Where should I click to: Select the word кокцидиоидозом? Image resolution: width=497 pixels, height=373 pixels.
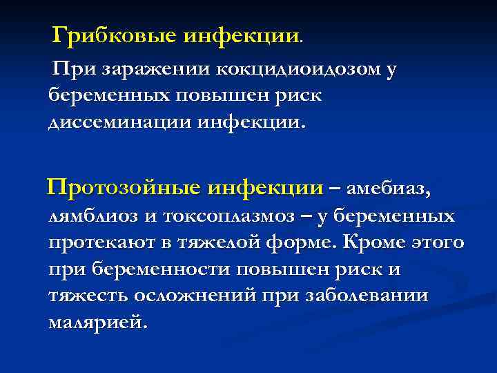(x=295, y=70)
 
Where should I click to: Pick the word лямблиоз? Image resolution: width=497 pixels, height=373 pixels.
(x=92, y=217)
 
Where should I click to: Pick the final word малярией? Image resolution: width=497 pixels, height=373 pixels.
(x=97, y=322)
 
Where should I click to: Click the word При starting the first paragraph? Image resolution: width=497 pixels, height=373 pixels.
(x=75, y=70)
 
